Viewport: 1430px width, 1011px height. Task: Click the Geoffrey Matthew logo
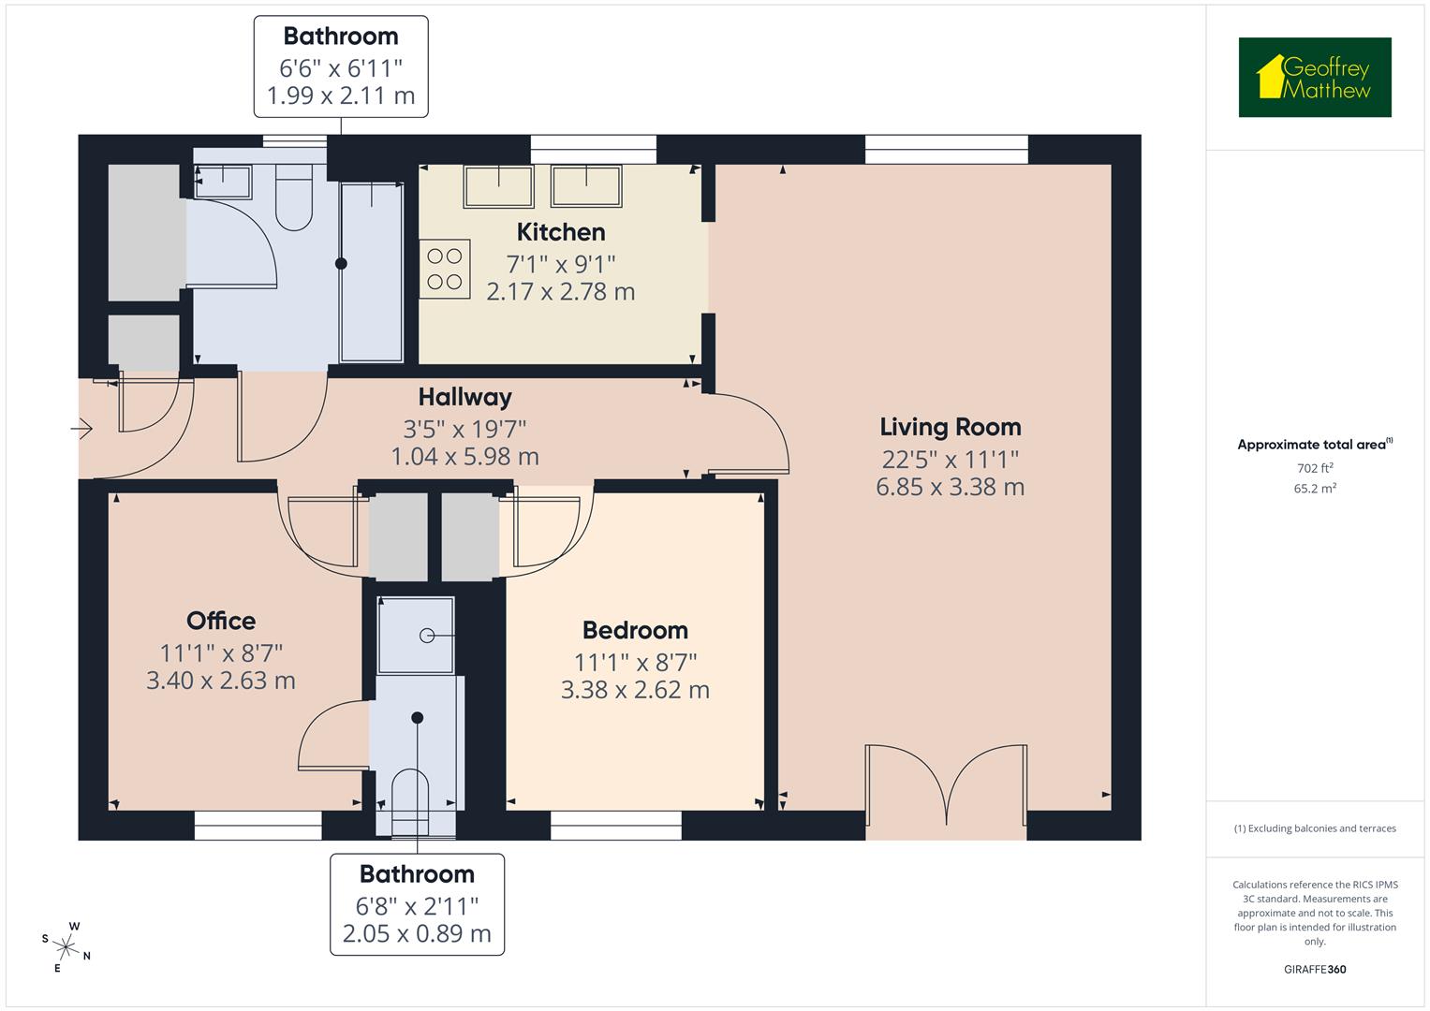(x=1314, y=78)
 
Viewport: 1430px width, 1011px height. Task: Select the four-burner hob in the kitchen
(x=444, y=269)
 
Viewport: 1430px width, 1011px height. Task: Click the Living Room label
(x=950, y=427)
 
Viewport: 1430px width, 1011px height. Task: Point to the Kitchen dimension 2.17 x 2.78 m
(x=560, y=291)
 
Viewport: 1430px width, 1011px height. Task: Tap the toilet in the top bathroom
(x=294, y=199)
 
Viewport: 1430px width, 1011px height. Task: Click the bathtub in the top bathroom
(x=372, y=271)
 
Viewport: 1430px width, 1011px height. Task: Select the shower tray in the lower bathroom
(x=415, y=635)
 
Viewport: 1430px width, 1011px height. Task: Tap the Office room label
(x=221, y=621)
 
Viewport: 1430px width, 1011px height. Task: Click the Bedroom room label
(x=634, y=630)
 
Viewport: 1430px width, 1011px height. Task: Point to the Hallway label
(x=464, y=397)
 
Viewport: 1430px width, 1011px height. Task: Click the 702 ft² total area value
(x=1314, y=468)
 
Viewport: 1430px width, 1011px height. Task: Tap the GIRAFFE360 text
(x=1314, y=970)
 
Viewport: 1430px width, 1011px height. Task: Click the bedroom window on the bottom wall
(x=615, y=820)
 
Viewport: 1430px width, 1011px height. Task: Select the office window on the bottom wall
(x=258, y=820)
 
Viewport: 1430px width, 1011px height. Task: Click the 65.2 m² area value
(x=1314, y=489)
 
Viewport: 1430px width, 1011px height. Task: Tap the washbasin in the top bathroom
(x=223, y=182)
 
